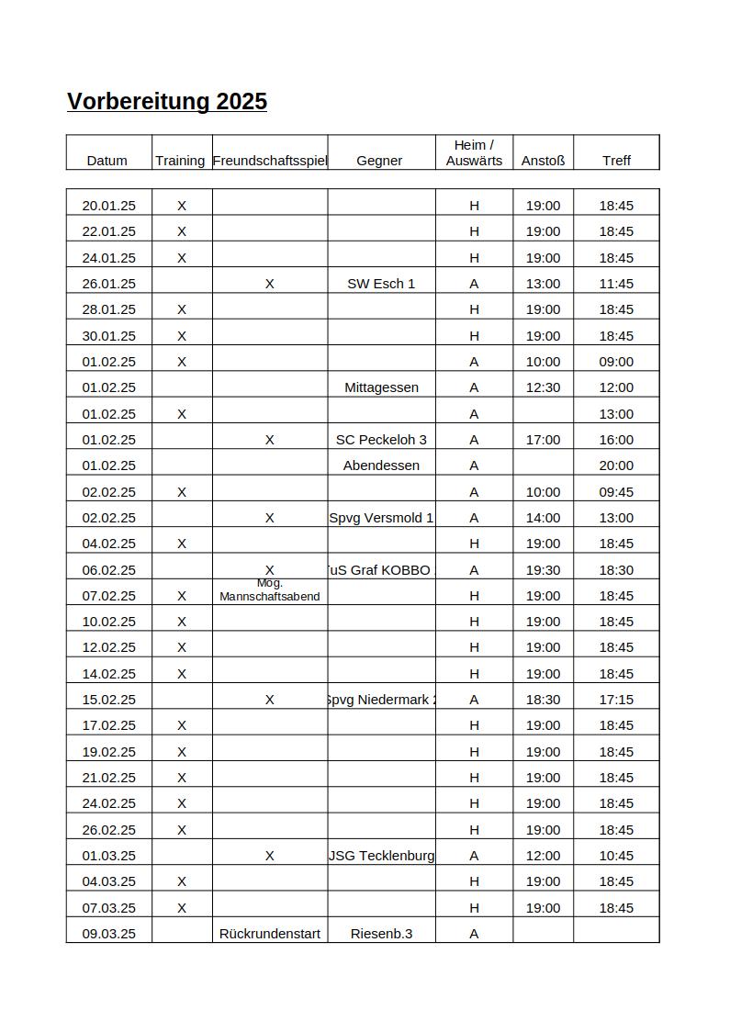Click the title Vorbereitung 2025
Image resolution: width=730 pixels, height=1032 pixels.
(167, 101)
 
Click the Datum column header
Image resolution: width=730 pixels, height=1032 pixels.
(107, 160)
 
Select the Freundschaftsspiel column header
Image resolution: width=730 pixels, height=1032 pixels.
(270, 160)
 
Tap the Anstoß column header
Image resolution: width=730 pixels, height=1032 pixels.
(543, 160)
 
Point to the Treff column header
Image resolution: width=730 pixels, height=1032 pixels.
(616, 160)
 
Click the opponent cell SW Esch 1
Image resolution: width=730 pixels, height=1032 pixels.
(381, 284)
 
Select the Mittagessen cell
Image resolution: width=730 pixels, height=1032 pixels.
(381, 387)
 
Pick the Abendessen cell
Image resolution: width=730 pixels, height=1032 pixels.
(381, 466)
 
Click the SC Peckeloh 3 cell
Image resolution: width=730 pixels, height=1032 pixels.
(381, 440)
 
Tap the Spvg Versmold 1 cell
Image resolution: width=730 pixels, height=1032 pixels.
(381, 518)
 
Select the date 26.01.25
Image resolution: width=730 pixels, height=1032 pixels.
(108, 284)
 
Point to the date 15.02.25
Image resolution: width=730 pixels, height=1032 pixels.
(108, 700)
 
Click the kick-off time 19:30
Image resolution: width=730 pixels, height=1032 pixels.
(543, 570)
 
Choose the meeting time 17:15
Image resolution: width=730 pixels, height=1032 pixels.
(616, 700)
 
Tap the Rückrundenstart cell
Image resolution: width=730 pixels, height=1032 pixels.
(270, 934)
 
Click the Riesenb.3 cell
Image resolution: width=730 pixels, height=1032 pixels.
(381, 934)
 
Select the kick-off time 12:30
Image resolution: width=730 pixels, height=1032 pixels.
(543, 387)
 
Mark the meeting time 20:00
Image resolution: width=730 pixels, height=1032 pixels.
(616, 466)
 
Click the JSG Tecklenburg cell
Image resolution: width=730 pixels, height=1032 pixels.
(381, 856)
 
